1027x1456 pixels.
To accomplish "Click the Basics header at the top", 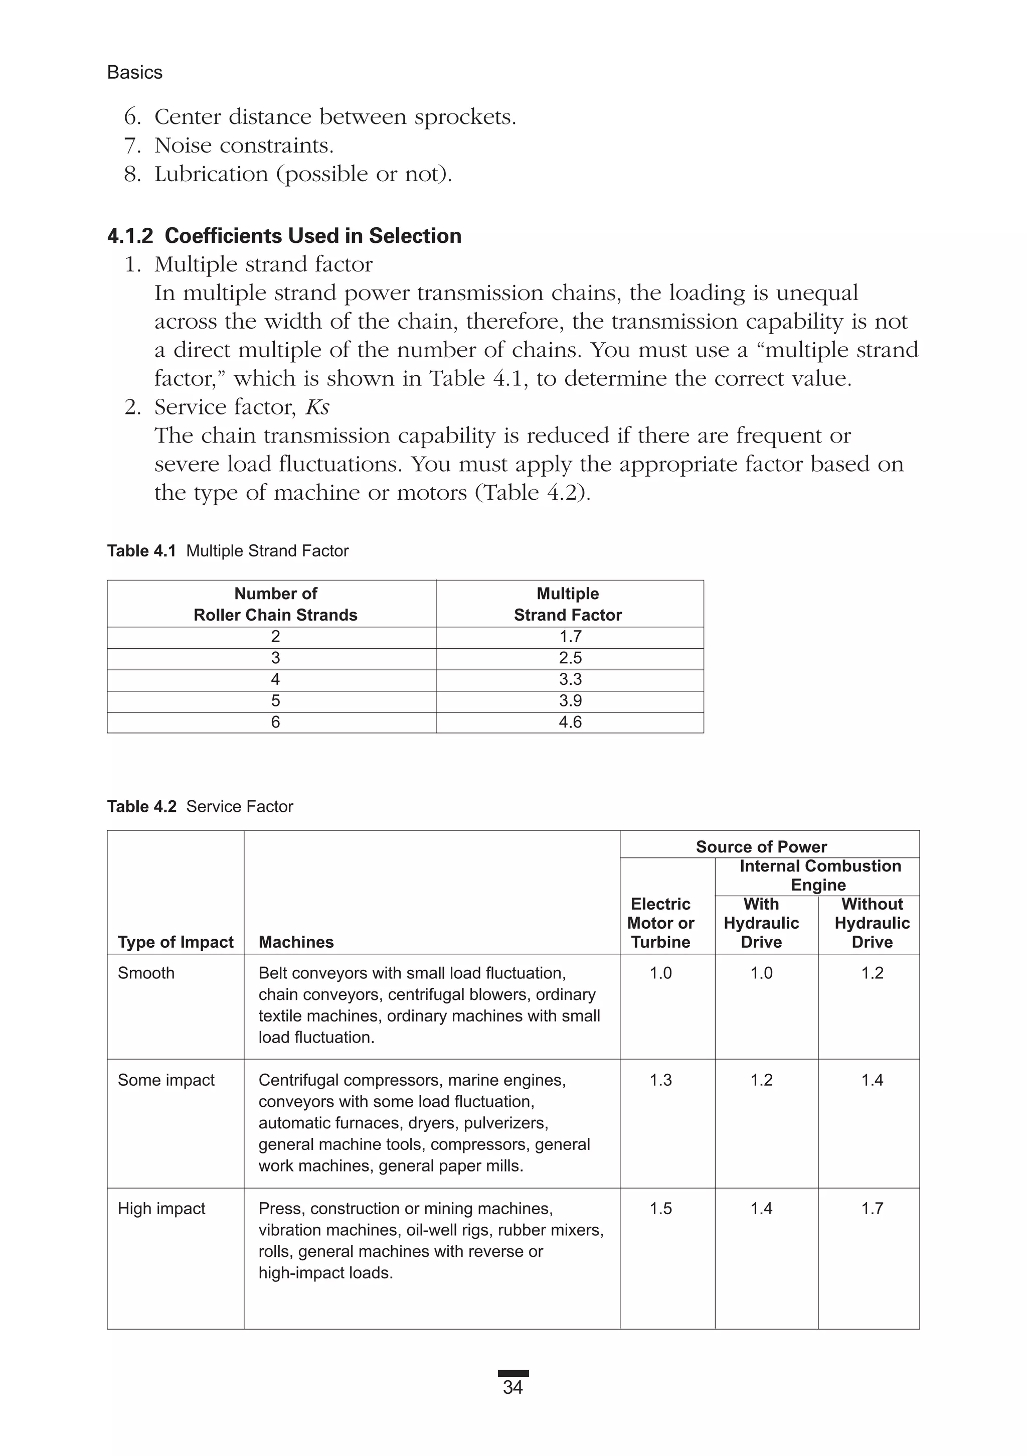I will [x=134, y=72].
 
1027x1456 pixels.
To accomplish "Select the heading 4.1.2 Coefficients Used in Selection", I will [x=284, y=236].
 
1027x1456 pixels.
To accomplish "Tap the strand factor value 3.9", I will [x=570, y=701].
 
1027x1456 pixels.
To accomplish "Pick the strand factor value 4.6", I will [x=570, y=722].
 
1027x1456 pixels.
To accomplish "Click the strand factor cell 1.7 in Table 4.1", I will [x=570, y=637].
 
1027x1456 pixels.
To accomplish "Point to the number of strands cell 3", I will [x=275, y=658].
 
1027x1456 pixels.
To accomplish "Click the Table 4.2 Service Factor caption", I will [x=200, y=807].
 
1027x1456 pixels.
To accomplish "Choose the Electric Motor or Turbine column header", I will [x=660, y=923].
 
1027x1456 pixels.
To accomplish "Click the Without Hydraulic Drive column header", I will [x=872, y=923].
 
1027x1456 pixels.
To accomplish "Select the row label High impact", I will [x=161, y=1209].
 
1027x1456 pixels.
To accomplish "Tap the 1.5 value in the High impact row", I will [x=660, y=1209].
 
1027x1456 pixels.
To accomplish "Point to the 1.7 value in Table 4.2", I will [x=872, y=1209].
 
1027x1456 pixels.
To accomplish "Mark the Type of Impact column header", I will [x=176, y=942].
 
